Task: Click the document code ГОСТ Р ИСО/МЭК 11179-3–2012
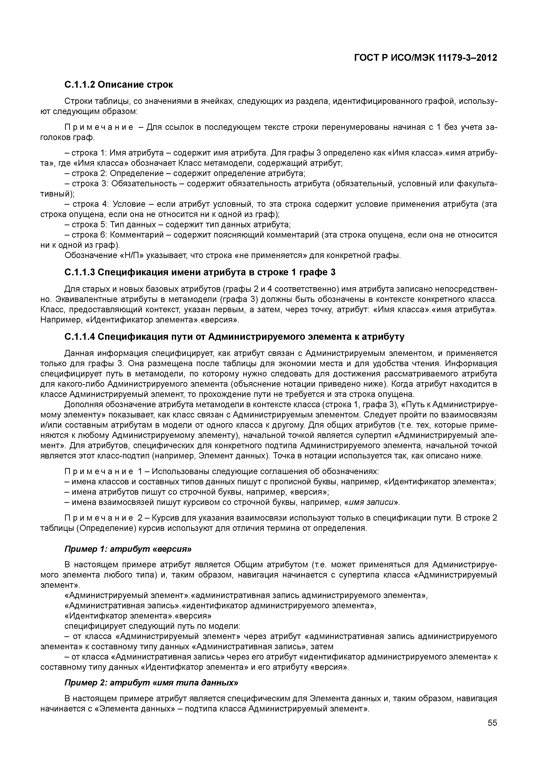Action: (425, 58)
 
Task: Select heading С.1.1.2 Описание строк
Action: (119, 84)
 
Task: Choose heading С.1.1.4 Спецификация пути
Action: (234, 337)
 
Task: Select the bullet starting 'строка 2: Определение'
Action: (185, 174)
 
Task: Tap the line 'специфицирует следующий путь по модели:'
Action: (152, 626)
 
